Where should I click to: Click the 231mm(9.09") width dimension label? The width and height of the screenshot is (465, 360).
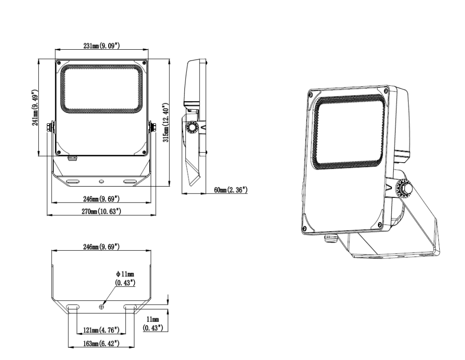tap(102, 46)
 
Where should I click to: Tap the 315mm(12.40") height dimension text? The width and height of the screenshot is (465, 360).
tap(165, 123)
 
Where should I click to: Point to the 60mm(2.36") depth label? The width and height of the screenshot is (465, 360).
tap(230, 190)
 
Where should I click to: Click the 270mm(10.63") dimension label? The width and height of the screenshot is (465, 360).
tap(102, 211)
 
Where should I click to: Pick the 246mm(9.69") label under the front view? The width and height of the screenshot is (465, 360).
tap(102, 198)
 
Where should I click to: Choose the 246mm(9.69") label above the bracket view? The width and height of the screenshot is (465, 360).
tap(102, 247)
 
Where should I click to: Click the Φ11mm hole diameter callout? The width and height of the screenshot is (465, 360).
tap(125, 278)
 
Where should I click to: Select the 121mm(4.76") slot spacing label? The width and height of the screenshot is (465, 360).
tap(102, 330)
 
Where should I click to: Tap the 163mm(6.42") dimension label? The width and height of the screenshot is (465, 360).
tap(102, 344)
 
